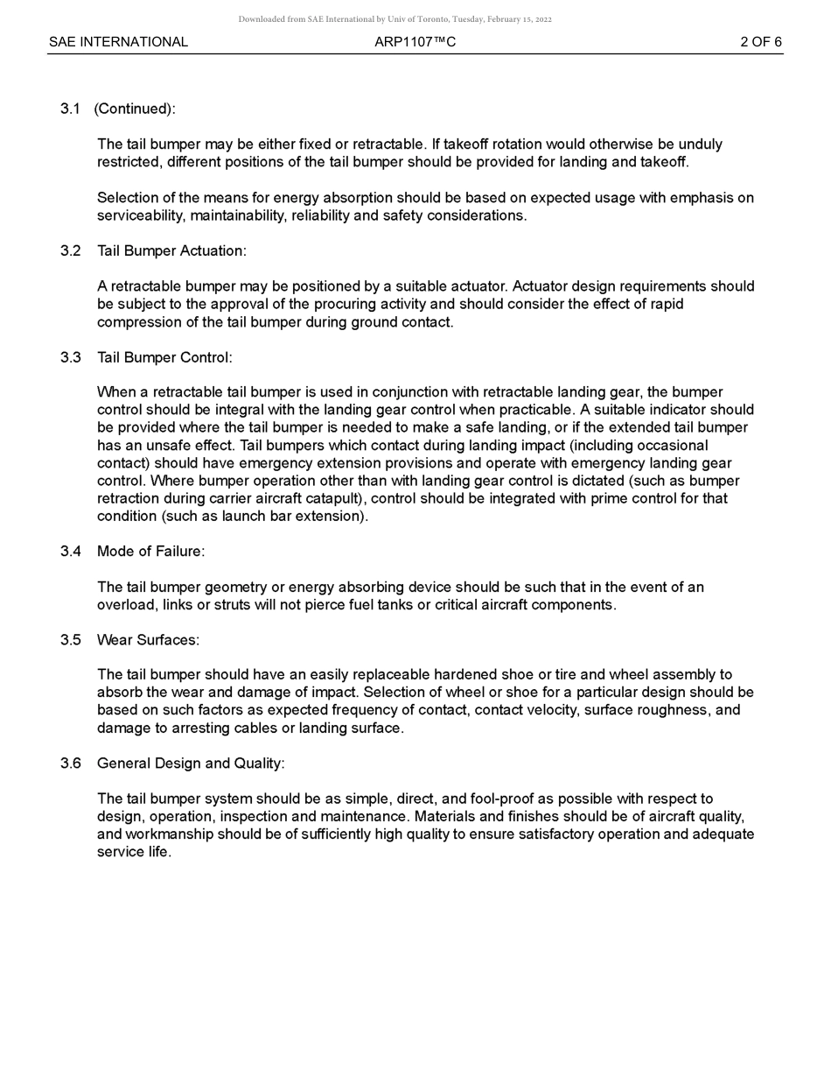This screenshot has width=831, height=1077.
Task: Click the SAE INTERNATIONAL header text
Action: pyautogui.click(x=118, y=42)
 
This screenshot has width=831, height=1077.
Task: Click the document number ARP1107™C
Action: pyautogui.click(x=415, y=42)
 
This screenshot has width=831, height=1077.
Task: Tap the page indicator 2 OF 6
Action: pyautogui.click(x=760, y=42)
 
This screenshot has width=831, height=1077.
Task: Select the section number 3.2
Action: pyautogui.click(x=70, y=251)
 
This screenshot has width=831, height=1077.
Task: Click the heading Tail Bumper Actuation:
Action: pyautogui.click(x=171, y=251)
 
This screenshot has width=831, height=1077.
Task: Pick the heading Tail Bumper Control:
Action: pyautogui.click(x=164, y=357)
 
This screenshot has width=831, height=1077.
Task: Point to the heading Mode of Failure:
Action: pyautogui.click(x=150, y=552)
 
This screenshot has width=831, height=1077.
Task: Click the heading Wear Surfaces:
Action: pyautogui.click(x=148, y=640)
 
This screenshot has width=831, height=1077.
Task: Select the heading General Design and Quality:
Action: pyautogui.click(x=191, y=764)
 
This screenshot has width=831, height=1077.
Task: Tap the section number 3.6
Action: pyautogui.click(x=70, y=764)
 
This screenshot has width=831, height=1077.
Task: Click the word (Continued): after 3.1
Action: pyautogui.click(x=135, y=109)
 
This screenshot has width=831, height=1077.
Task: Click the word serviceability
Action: pyautogui.click(x=140, y=216)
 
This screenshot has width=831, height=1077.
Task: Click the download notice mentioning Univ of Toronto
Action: pyautogui.click(x=395, y=19)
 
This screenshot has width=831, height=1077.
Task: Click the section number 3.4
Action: pyautogui.click(x=70, y=552)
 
